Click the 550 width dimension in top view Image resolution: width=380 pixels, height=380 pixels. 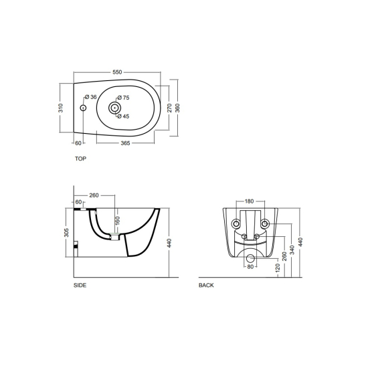coord(117,72)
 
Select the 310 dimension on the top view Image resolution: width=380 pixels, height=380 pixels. coord(61,108)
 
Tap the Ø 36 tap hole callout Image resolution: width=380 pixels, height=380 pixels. coord(91,97)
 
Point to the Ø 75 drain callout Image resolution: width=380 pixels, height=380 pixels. coord(123,98)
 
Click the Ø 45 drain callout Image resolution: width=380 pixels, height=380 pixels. coord(123,116)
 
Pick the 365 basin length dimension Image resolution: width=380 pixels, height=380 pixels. coord(125,143)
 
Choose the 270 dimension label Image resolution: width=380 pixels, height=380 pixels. coord(169,108)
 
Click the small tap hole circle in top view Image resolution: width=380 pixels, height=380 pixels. coord(83,108)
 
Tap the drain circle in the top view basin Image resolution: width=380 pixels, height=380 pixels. coord(114,108)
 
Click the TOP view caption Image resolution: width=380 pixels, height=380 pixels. coord(80,159)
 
